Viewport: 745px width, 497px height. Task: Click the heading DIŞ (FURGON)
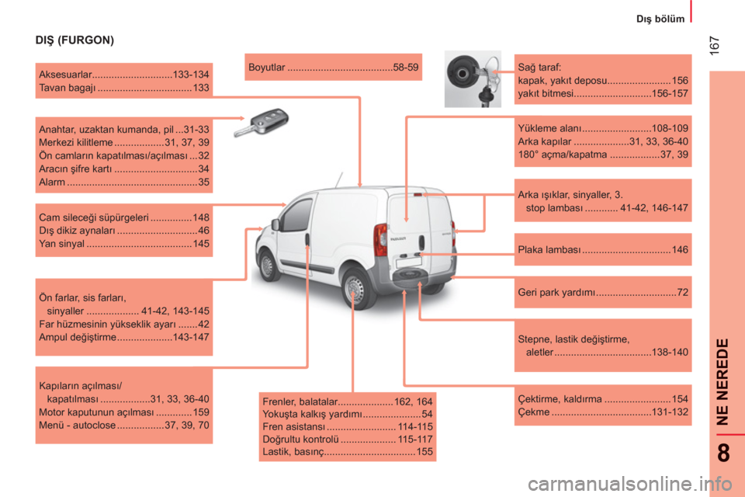click(x=74, y=40)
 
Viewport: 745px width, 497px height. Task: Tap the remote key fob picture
click(x=262, y=123)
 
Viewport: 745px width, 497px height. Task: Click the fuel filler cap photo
click(x=473, y=79)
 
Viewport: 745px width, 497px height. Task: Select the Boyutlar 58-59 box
click(x=333, y=67)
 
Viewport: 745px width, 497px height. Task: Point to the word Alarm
click(x=52, y=182)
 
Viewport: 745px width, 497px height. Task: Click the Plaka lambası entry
click(x=602, y=250)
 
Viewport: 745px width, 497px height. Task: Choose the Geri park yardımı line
click(x=602, y=293)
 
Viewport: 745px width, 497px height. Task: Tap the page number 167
click(x=714, y=46)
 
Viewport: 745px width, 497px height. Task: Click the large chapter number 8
click(x=723, y=453)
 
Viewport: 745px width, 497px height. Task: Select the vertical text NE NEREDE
click(x=722, y=381)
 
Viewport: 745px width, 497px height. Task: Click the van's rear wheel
click(x=355, y=287)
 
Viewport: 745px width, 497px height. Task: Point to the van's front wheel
click(x=268, y=266)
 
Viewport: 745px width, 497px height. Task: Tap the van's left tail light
click(x=380, y=240)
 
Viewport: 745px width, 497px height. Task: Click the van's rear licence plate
click(x=409, y=261)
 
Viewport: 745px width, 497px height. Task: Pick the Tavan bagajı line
click(x=124, y=88)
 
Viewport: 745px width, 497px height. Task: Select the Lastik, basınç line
click(x=348, y=452)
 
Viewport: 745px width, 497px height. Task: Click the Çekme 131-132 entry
click(x=602, y=412)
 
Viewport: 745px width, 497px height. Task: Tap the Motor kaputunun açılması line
click(x=124, y=412)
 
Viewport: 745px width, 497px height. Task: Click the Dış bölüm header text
click(x=660, y=19)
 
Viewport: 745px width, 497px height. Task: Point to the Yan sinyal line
click(x=124, y=244)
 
